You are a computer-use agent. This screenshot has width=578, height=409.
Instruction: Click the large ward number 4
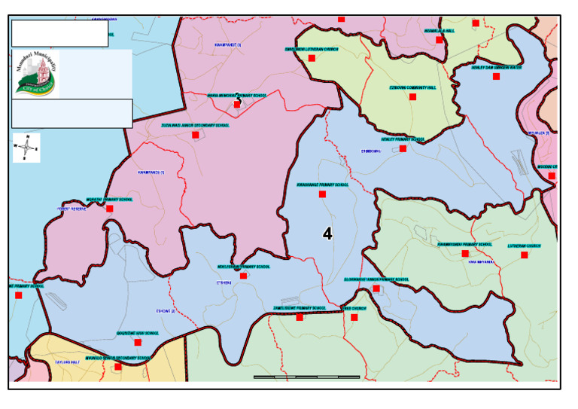(x=327, y=234)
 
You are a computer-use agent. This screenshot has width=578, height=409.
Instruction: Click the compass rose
(x=27, y=148)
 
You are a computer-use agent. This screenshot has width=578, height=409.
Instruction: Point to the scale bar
(x=306, y=377)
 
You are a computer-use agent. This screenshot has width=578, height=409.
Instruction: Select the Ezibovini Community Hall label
(x=412, y=87)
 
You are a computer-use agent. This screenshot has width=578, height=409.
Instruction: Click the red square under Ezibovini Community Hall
(x=412, y=97)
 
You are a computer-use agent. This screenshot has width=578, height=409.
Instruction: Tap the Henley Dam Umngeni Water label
(x=496, y=67)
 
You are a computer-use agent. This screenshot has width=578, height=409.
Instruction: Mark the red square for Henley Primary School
(x=403, y=148)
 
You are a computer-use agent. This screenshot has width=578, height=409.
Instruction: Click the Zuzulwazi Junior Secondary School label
(x=195, y=125)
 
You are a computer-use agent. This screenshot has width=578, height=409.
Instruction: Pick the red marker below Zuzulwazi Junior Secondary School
(x=196, y=135)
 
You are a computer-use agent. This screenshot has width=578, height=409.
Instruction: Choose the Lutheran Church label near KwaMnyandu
(x=524, y=246)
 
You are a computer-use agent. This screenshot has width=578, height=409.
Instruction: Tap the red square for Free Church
(x=354, y=317)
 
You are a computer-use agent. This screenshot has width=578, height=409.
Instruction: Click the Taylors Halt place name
(x=67, y=362)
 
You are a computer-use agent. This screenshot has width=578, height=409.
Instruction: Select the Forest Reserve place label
(x=72, y=209)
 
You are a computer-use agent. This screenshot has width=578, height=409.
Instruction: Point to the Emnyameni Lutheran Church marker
(x=312, y=58)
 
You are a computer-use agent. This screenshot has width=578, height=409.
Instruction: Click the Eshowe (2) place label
(x=165, y=311)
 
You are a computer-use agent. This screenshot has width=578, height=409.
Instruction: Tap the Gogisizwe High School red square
(x=138, y=342)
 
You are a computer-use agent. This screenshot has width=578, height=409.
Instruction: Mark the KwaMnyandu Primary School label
(x=464, y=244)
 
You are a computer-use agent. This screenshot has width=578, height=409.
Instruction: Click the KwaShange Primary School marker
(x=322, y=194)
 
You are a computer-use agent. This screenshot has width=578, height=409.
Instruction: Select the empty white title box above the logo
(x=59, y=33)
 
